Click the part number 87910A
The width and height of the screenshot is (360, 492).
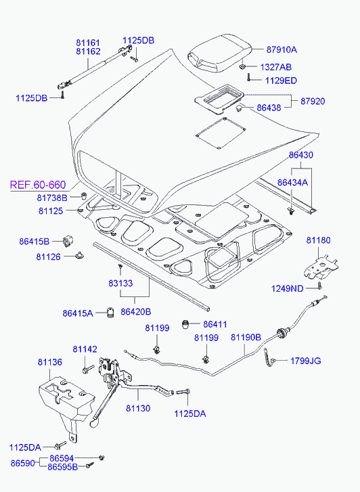tap(282, 49)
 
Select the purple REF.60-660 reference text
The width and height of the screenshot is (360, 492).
tap(38, 185)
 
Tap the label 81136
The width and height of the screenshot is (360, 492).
tap(50, 362)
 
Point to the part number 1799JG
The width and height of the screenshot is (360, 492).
tap(306, 361)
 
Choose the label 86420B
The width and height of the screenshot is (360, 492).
tap(135, 312)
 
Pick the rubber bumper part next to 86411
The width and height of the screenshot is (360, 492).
tap(187, 324)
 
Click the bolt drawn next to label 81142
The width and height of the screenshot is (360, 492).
tap(87, 369)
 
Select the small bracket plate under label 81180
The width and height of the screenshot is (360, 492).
tap(321, 267)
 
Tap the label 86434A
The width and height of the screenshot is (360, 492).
tap(292, 183)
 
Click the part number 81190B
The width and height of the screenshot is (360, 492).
tap(246, 337)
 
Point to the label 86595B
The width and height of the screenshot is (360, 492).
tap(62, 467)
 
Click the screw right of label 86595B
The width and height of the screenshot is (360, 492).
tap(90, 466)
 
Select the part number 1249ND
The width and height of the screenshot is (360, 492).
tap(287, 289)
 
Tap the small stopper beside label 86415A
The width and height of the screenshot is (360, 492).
tap(110, 313)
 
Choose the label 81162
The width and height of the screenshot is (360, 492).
tap(88, 51)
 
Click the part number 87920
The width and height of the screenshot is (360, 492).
tap(313, 102)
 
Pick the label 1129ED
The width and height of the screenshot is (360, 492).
tap(281, 81)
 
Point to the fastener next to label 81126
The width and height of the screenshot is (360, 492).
tap(81, 256)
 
